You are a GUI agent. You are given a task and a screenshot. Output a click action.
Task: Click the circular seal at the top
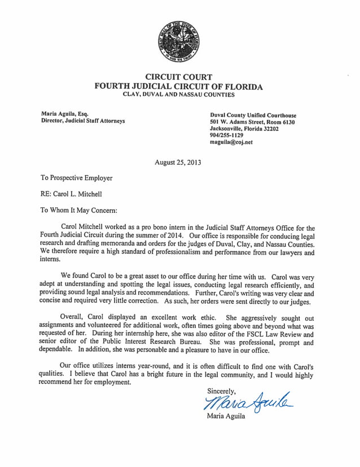(x=179, y=40)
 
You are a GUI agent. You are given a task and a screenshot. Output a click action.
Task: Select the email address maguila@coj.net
(x=231, y=143)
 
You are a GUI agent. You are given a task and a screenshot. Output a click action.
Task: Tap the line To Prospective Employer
(x=77, y=178)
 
